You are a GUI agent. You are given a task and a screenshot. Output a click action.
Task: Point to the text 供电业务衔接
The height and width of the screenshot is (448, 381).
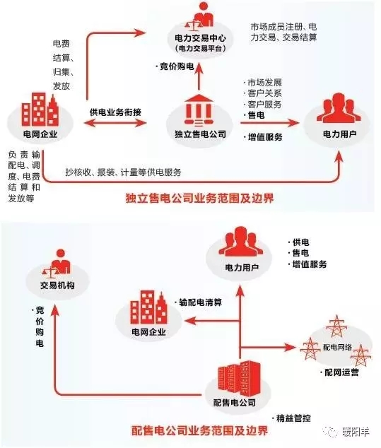click(x=115, y=112)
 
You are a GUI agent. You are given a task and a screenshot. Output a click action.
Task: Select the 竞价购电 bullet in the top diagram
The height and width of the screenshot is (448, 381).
click(x=177, y=66)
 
